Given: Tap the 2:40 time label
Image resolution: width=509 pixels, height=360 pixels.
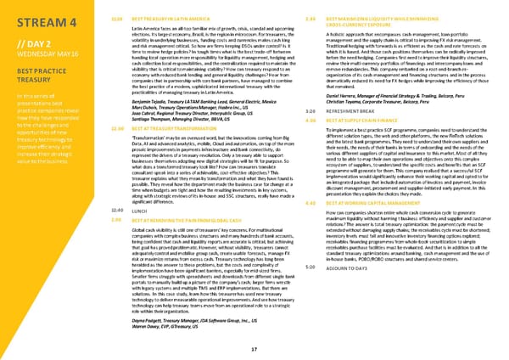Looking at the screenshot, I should [x=287, y=18].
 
